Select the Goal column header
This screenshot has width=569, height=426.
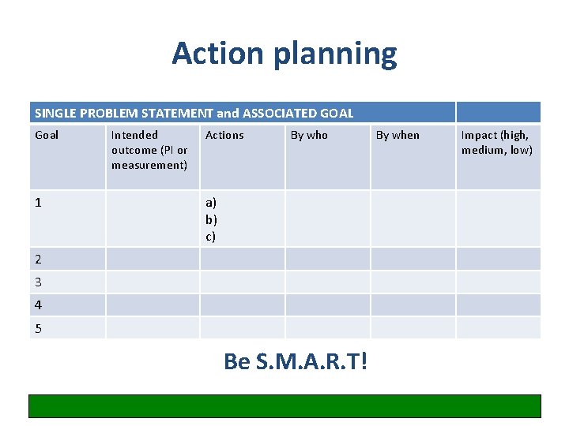(x=47, y=135)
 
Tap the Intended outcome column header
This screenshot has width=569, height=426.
(x=149, y=150)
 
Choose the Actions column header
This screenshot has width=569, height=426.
(x=224, y=135)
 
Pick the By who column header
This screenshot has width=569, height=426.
(x=309, y=135)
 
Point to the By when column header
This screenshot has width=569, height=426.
(x=398, y=135)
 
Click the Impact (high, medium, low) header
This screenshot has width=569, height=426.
(x=497, y=143)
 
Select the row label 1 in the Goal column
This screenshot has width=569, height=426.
(x=39, y=203)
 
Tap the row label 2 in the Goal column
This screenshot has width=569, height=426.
(x=39, y=259)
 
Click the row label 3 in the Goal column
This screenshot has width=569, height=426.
(x=39, y=282)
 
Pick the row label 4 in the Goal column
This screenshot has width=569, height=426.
(x=39, y=305)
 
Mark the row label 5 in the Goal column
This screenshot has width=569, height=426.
(x=39, y=328)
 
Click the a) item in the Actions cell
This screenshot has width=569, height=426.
(x=211, y=203)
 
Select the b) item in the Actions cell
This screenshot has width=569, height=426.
(x=211, y=219)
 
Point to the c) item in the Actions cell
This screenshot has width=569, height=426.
(x=210, y=236)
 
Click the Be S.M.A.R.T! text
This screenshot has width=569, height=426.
(x=296, y=361)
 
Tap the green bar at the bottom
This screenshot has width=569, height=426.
(x=285, y=405)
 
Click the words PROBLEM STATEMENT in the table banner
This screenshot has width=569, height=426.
(x=140, y=113)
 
